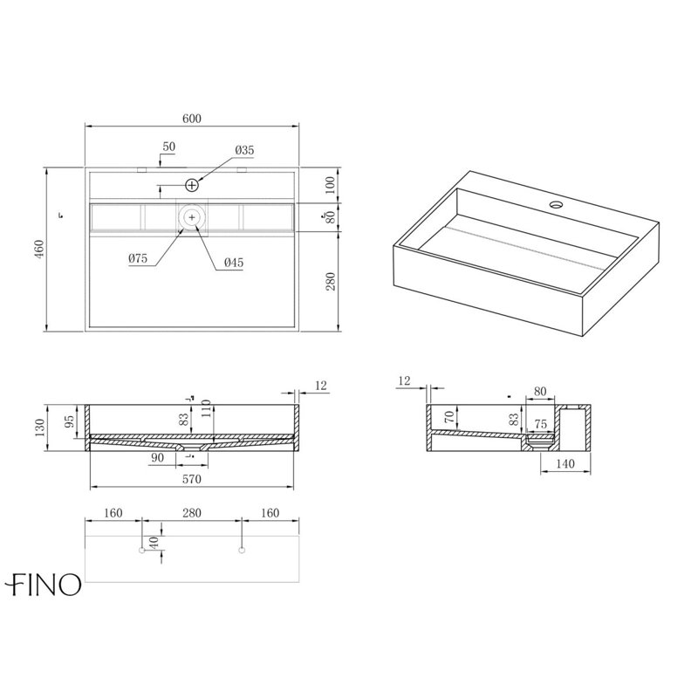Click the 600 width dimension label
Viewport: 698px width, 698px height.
[x=192, y=119]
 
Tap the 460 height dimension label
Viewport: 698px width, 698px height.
[x=39, y=250]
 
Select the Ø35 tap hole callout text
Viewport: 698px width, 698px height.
[x=245, y=150]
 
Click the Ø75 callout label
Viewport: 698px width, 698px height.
[x=138, y=258]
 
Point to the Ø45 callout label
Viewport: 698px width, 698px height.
[x=234, y=263]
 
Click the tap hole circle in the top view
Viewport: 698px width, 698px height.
[x=191, y=185]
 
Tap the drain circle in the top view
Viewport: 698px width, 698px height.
[x=192, y=217]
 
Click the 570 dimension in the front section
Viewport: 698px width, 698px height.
[x=192, y=479]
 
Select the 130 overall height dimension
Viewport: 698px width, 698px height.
[x=39, y=428]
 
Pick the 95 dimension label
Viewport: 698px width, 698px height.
[x=70, y=421]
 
